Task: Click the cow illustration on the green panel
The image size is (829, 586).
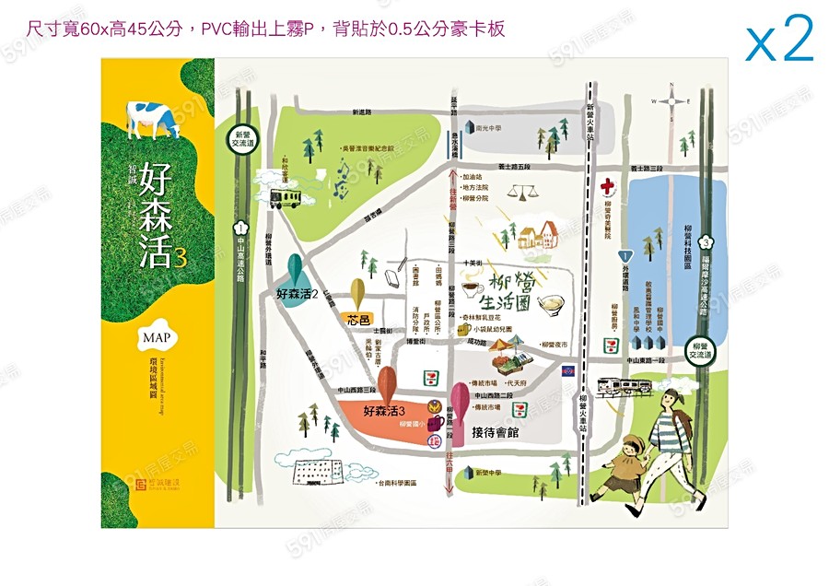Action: coord(153,117)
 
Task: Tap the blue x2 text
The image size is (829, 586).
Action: coord(779,40)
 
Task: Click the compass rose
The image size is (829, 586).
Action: coord(672,100)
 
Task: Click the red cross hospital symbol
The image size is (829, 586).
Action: coord(609,186)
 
